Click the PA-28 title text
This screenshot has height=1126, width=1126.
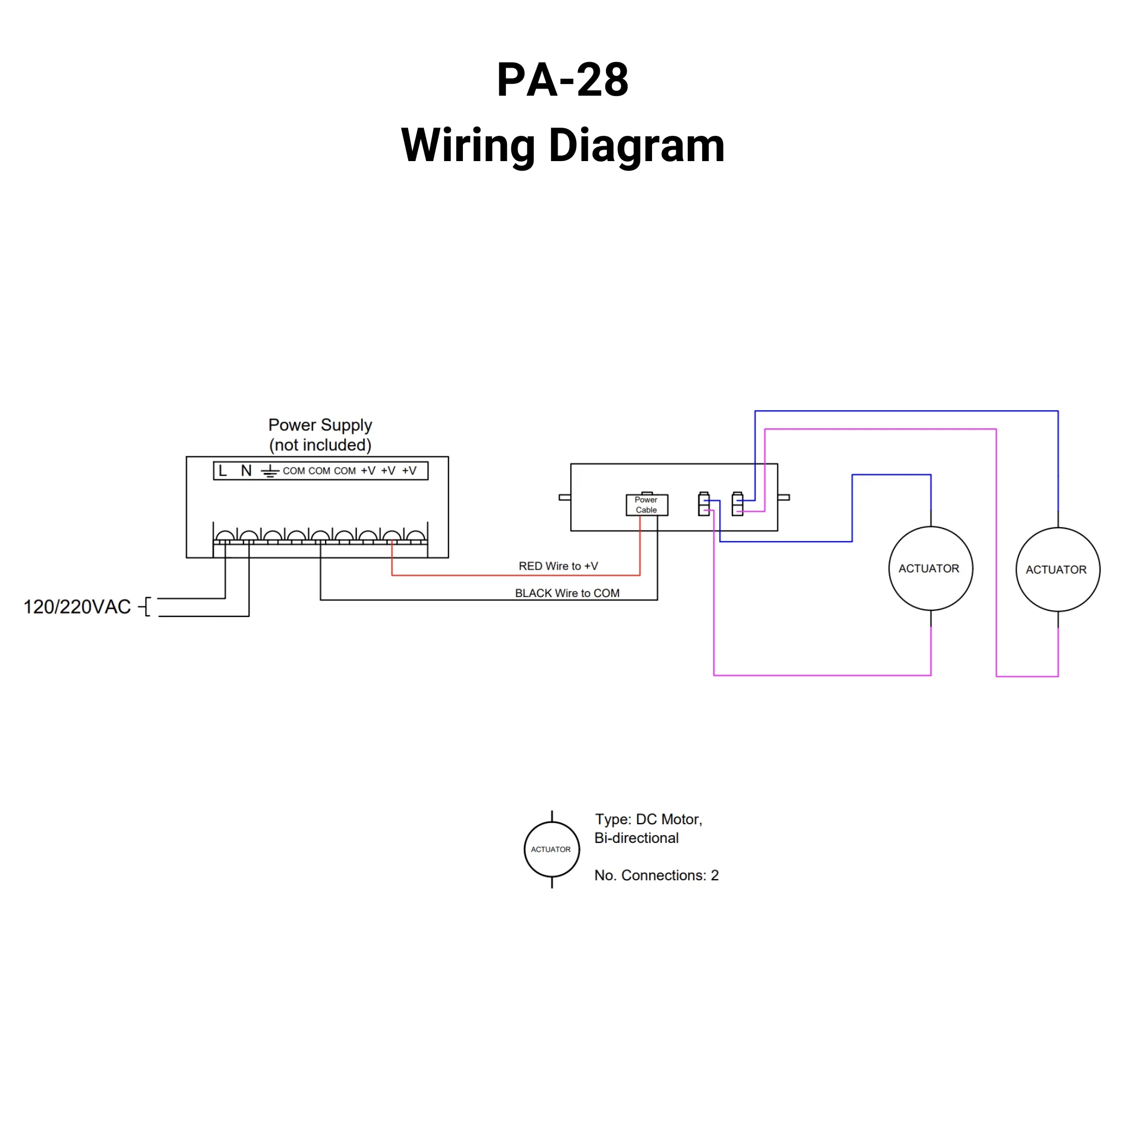(x=562, y=80)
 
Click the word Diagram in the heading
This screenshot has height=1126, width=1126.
(x=637, y=145)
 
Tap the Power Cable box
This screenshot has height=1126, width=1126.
(x=647, y=505)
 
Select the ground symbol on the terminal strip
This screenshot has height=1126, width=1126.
(x=269, y=471)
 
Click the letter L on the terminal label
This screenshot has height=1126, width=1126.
(x=223, y=471)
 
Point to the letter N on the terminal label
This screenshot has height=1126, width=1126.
(x=246, y=471)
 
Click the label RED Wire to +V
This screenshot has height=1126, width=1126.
(x=558, y=566)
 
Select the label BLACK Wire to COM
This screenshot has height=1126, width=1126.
(x=566, y=593)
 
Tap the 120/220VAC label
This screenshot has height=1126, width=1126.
(x=77, y=607)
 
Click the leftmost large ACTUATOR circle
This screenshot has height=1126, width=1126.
(x=930, y=568)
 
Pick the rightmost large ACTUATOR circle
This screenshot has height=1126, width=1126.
(x=1057, y=570)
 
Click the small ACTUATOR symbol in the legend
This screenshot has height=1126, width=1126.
(x=551, y=849)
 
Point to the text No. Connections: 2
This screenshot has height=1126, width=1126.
(x=656, y=875)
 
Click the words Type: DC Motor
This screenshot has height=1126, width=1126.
(x=648, y=819)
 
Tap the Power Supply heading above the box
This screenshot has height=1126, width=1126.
(x=320, y=425)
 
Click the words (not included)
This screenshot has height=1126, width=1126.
(x=320, y=445)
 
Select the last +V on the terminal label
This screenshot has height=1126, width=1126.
(x=409, y=471)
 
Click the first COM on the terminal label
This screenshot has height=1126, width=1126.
(x=294, y=471)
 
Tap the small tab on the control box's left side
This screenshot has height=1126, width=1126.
(x=564, y=497)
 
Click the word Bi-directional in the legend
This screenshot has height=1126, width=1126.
(x=637, y=838)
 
